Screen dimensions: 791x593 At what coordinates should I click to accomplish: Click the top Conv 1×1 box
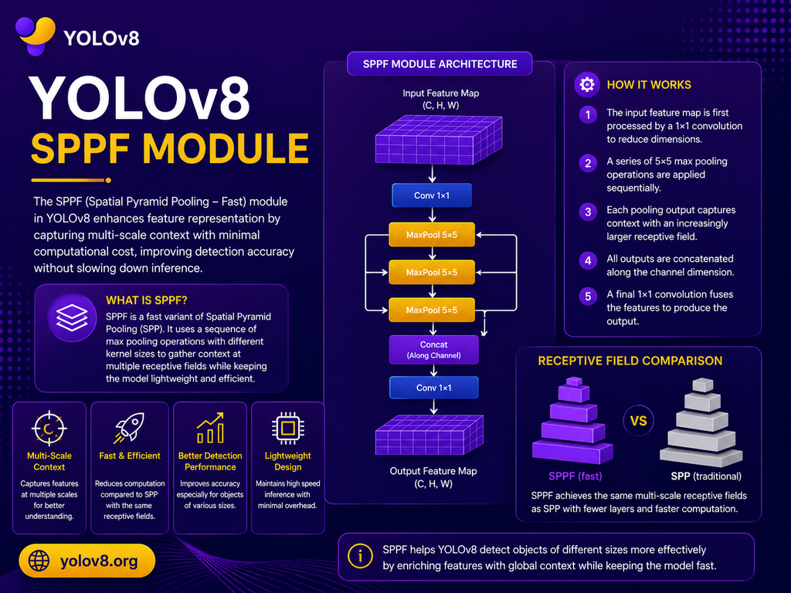432,195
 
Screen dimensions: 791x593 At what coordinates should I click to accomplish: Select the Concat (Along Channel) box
433,350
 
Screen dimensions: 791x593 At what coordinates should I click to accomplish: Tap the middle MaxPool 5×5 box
432,273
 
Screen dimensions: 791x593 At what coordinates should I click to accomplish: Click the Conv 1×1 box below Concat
433,388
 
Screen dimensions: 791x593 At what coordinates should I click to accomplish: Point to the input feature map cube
439,140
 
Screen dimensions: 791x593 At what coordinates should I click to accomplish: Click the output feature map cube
429,435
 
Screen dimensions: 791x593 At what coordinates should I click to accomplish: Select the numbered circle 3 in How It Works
588,212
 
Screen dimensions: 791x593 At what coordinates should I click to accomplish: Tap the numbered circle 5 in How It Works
588,296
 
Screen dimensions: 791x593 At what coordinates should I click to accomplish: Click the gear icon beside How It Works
587,84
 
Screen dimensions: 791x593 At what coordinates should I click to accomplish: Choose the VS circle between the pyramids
638,421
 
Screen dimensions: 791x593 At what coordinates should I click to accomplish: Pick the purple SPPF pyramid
572,421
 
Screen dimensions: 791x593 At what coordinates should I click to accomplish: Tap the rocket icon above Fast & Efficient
129,428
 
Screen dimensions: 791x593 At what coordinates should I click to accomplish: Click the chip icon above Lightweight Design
287,428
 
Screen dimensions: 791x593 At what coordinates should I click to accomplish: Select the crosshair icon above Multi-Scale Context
49,429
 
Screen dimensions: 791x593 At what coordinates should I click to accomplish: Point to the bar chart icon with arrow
210,428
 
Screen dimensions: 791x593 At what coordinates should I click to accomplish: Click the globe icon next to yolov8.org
39,561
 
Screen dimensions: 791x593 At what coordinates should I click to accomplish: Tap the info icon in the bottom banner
360,556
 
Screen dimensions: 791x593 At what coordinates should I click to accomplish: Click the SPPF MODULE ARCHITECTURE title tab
440,64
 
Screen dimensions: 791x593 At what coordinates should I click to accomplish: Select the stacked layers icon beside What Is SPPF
72,317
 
